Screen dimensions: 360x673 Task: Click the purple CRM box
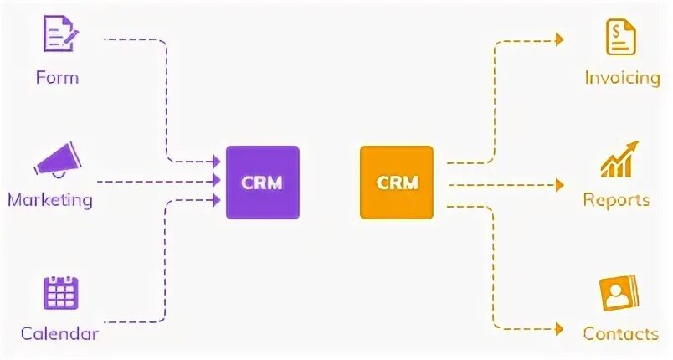coord(262,182)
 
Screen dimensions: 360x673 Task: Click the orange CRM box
coord(397,182)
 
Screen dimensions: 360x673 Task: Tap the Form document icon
coord(59,35)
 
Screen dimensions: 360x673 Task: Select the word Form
coord(57,77)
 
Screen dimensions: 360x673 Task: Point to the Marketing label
coord(50,200)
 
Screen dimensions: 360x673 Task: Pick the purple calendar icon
coord(60,292)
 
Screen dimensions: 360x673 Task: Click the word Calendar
coord(59,333)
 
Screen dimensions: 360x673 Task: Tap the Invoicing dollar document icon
coord(620,36)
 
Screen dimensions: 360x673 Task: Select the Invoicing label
coord(622,77)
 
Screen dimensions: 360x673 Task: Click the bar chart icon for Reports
coord(619,160)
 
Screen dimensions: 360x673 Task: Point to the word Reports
coord(616,200)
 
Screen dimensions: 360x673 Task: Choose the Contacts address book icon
coord(619,293)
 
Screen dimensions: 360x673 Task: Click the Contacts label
coord(620,333)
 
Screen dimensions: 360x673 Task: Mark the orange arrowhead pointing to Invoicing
coord(558,39)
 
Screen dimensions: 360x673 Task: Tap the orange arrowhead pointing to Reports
coord(558,183)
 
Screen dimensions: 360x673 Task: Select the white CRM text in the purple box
coord(262,182)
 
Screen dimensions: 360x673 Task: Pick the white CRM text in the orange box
coord(397,182)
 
